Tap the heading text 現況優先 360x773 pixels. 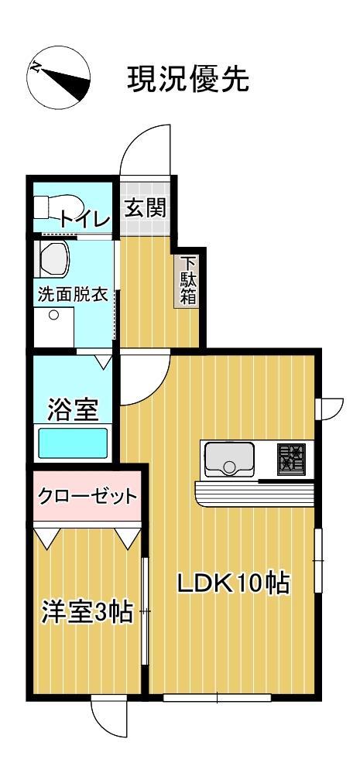(x=188, y=79)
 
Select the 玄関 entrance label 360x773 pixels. (x=145, y=208)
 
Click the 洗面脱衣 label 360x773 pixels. (x=74, y=295)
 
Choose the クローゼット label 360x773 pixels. (x=87, y=495)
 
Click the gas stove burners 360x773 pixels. (x=291, y=458)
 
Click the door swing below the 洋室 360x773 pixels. (x=107, y=716)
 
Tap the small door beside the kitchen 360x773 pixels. (x=330, y=407)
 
